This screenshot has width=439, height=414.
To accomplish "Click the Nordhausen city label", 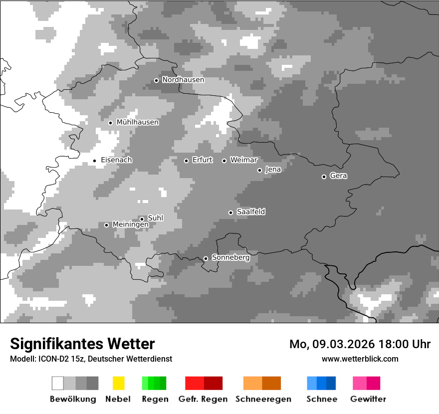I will click(x=183, y=80).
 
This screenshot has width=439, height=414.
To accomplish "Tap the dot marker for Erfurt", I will click(x=186, y=161).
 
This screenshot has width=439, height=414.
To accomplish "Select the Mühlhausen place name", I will click(x=137, y=122).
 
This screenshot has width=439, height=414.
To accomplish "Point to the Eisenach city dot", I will click(x=94, y=161).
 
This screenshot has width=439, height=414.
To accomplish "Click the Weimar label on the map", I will click(x=243, y=160).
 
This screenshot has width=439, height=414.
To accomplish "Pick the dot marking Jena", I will click(x=259, y=170).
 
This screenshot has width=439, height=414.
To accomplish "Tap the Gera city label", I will click(x=338, y=176).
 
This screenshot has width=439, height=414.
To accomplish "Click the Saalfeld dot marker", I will click(x=230, y=212).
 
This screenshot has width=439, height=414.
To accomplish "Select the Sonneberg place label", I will click(x=230, y=258).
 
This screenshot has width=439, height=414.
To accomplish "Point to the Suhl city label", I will click(x=155, y=218).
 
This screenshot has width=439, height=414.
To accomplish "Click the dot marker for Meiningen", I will click(x=106, y=225).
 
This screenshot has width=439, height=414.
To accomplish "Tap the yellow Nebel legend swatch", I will click(x=118, y=383).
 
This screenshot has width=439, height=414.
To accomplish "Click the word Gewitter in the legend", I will click(x=368, y=399).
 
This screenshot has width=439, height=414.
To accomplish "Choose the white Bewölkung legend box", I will click(x=58, y=383).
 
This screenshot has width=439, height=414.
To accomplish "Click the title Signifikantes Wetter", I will click(x=82, y=344).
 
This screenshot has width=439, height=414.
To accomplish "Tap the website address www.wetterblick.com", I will click(x=360, y=359).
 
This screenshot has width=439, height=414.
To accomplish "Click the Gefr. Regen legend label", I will click(x=203, y=399).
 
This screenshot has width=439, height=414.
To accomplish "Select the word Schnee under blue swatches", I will click(x=321, y=399).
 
